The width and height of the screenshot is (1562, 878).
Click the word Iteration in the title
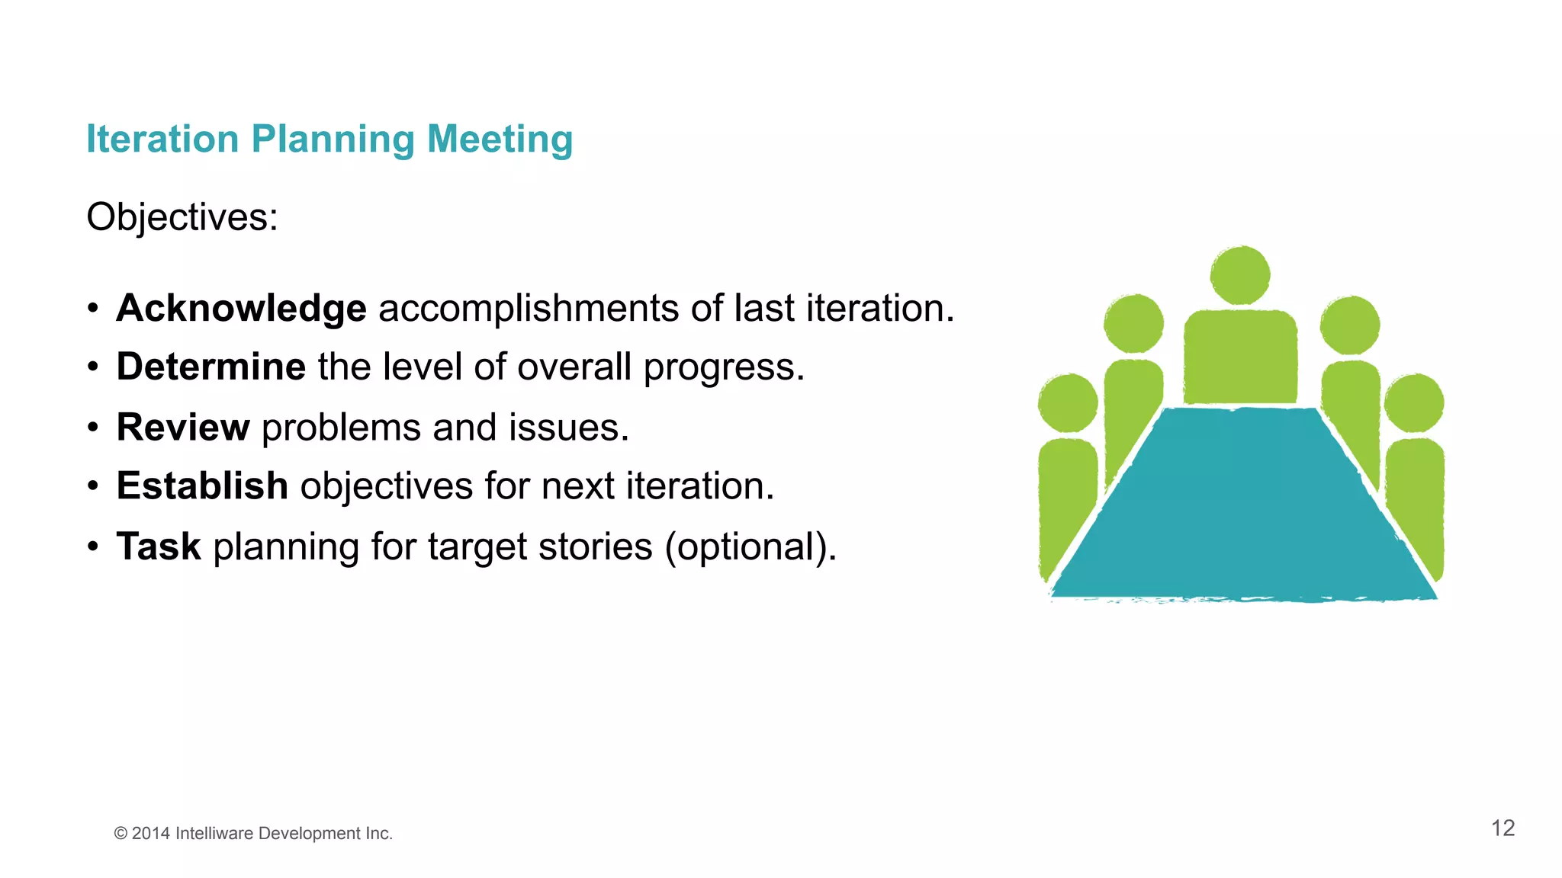[162, 139]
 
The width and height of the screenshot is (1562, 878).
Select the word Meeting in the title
[500, 139]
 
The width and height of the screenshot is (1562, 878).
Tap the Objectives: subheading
[182, 217]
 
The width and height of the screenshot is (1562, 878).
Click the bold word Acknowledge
[241, 309]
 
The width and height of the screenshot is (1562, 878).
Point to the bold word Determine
[211, 367]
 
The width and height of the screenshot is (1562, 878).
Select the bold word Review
[183, 427]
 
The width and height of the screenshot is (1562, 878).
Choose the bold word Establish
[202, 486]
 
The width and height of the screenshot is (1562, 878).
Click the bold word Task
[159, 546]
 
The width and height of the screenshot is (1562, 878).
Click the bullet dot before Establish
[93, 486]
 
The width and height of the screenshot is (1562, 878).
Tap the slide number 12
[1503, 828]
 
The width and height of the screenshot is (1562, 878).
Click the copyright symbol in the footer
[121, 834]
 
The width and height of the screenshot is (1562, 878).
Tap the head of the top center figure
[1240, 275]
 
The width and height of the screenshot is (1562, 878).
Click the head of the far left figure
[1068, 403]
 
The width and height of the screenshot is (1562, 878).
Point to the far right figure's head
[1414, 403]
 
